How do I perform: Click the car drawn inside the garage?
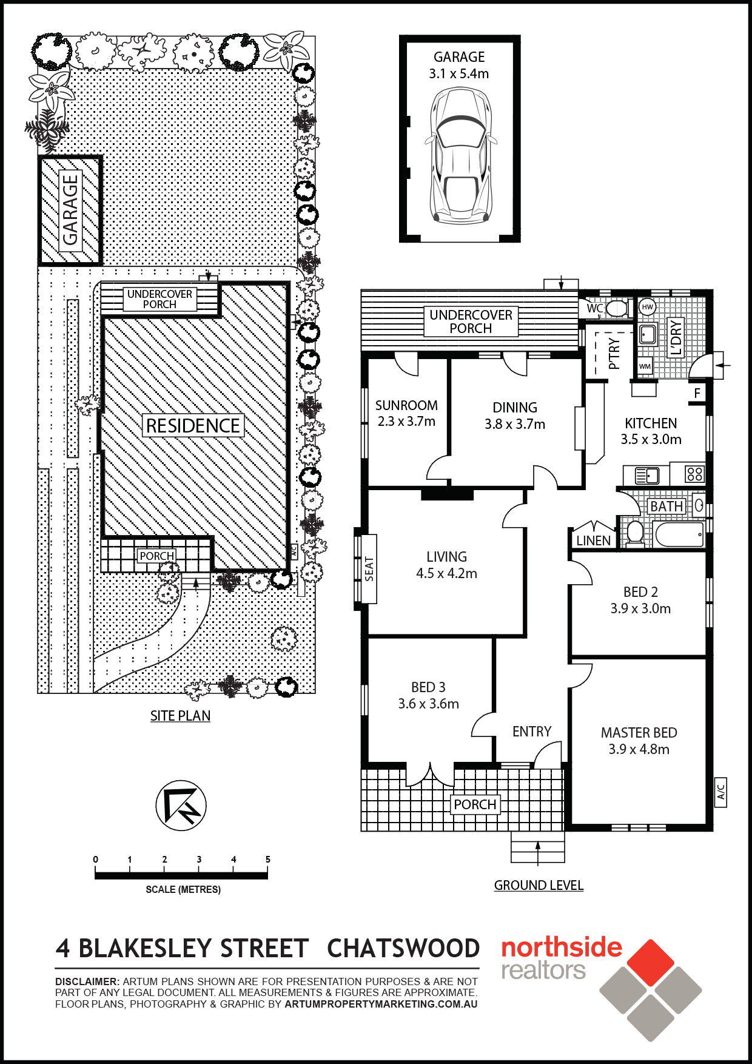(x=460, y=156)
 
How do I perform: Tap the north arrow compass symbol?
(x=181, y=806)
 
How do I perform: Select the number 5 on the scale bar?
(x=267, y=859)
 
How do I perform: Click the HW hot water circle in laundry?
(x=648, y=307)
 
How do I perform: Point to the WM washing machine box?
(x=645, y=366)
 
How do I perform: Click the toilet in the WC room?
(x=617, y=308)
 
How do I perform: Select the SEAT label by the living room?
(x=369, y=569)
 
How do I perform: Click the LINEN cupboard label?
(x=593, y=540)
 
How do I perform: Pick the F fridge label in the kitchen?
(x=697, y=393)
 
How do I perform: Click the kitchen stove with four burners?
(x=695, y=474)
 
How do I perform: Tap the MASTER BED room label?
(x=639, y=733)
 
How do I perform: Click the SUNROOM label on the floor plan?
(x=406, y=405)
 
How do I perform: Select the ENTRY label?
(x=532, y=732)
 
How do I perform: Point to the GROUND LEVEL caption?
(x=539, y=885)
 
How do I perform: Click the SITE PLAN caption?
(x=180, y=716)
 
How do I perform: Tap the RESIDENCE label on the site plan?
(x=193, y=425)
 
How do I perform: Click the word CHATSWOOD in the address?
(x=403, y=948)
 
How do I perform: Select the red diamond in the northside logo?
(x=651, y=963)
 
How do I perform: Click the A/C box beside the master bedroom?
(x=720, y=792)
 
